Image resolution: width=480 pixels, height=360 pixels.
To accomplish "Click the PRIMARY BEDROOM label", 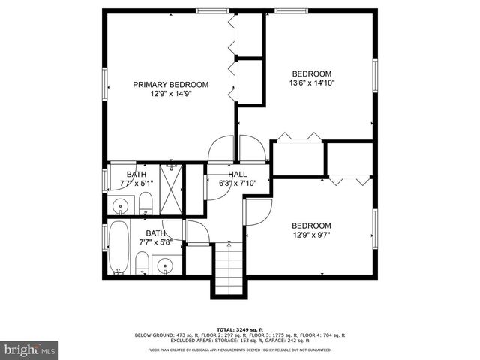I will pos(170,84).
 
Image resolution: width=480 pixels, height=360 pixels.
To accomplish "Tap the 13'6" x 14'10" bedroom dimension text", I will pos(312,83).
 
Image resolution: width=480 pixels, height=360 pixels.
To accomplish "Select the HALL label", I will pos(237,174).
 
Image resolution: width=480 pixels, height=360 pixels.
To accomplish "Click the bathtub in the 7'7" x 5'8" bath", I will pos(118,247).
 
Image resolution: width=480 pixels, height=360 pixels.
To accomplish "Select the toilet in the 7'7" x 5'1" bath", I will pos(146,202).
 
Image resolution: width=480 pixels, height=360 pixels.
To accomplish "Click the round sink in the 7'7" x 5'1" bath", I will pos(120,205).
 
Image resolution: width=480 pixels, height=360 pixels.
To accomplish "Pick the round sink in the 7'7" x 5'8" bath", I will pos(164,264).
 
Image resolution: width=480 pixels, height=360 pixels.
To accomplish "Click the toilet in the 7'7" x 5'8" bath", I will pos(141,262).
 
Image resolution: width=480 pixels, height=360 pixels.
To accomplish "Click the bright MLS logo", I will pos(30,349).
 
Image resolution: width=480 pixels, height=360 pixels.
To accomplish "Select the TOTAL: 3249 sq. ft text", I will pos(239,329).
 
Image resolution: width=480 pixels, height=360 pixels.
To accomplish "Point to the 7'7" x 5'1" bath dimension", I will pos(136,183).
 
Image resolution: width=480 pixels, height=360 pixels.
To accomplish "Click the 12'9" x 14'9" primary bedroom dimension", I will pos(170,94).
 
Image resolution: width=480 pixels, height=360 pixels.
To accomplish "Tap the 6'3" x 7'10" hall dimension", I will pos(237,183).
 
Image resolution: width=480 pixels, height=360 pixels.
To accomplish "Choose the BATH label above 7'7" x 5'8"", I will pos(155,233).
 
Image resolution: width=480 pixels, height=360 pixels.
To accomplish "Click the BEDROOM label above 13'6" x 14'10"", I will pos(311,73).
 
